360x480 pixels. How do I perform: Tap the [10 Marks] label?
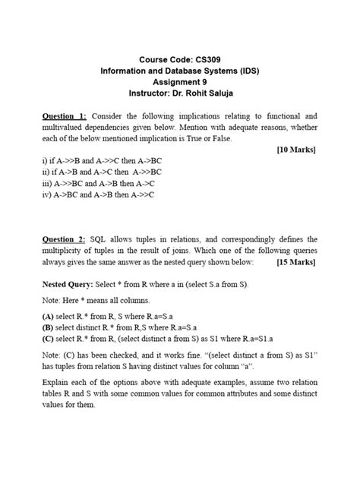(x=295, y=150)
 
